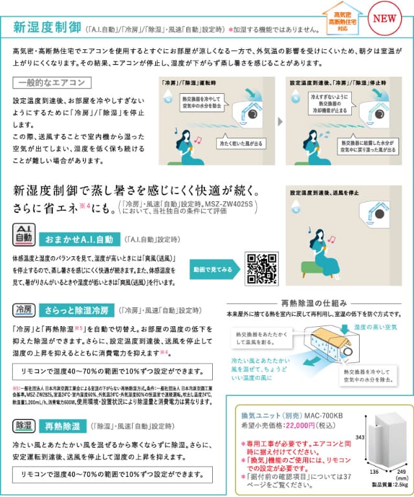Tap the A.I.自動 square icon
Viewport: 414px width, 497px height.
tap(23, 236)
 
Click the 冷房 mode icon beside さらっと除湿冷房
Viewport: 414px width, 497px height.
tap(23, 311)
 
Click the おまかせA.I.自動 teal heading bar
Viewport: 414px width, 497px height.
tap(80, 239)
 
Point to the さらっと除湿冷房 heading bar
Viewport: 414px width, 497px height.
tap(80, 311)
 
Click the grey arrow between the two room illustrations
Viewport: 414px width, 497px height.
tap(279, 121)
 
